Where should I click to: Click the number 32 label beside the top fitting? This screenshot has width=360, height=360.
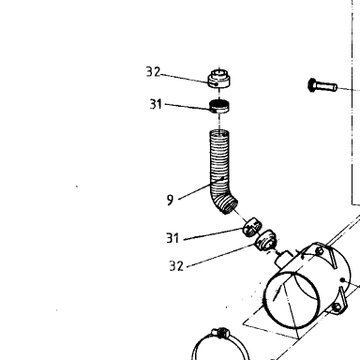click(x=153, y=72)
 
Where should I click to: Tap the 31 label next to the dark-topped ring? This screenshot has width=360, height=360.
click(x=156, y=104)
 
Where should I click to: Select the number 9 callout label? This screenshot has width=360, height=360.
click(x=170, y=200)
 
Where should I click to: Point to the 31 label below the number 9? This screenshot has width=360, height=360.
click(x=172, y=238)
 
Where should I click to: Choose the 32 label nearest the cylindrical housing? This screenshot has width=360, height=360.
click(x=176, y=266)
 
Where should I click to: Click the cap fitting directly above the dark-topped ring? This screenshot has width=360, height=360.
click(x=219, y=79)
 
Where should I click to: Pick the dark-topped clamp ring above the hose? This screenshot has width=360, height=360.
click(x=219, y=106)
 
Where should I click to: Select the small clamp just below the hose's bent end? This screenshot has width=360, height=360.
click(x=253, y=228)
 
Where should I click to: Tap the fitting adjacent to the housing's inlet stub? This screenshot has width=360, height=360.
click(x=266, y=240)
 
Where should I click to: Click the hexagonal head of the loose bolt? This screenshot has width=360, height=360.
click(x=311, y=84)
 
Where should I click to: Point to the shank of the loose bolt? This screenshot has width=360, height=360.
click(x=326, y=86)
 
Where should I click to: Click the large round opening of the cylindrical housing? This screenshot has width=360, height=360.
click(x=292, y=300)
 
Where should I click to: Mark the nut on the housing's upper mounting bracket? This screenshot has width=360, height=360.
click(x=319, y=250)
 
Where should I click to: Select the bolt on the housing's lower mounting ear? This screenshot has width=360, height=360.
click(x=337, y=307)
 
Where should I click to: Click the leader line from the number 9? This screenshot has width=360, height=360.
click(x=201, y=188)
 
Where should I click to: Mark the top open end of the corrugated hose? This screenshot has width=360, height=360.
click(x=219, y=131)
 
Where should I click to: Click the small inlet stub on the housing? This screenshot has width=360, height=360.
click(x=283, y=259)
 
